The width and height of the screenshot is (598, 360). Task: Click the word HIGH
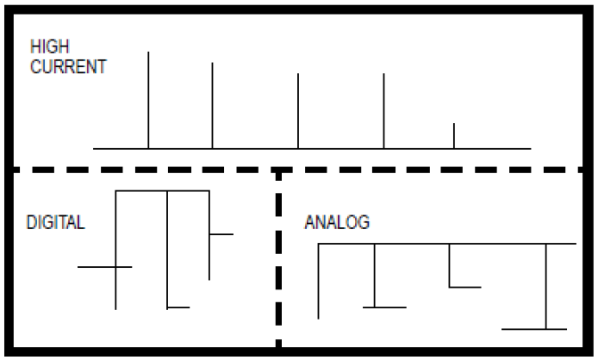click(x=45, y=51)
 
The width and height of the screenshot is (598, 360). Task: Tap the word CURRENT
click(x=68, y=67)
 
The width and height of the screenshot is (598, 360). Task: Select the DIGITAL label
click(x=55, y=222)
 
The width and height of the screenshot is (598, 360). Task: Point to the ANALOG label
click(x=337, y=222)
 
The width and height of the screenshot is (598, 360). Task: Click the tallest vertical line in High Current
click(x=148, y=99)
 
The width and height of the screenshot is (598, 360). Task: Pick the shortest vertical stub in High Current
click(x=454, y=136)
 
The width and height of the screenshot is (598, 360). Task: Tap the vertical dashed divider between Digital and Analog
click(x=278, y=258)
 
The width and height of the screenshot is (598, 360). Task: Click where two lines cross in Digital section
click(x=115, y=267)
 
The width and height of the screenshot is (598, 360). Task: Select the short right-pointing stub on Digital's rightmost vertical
click(x=221, y=233)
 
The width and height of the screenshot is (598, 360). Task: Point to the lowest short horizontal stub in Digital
click(x=178, y=307)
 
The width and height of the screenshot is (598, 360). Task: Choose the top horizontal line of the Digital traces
click(x=162, y=190)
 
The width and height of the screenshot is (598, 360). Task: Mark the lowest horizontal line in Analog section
click(x=533, y=329)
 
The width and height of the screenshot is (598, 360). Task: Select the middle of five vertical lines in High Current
click(x=298, y=111)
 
